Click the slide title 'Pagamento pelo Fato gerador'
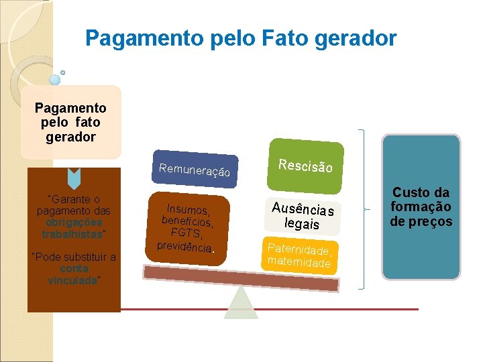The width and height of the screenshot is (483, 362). pyautogui.click(x=241, y=38)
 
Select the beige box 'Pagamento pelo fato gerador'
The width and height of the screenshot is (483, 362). pyautogui.click(x=70, y=122)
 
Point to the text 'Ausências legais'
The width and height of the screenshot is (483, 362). pyautogui.click(x=303, y=215)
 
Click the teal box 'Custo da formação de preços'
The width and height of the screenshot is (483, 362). pyautogui.click(x=421, y=207)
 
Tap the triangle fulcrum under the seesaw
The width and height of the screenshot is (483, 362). pyautogui.click(x=241, y=305)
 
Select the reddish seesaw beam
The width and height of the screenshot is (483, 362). pyautogui.click(x=241, y=278)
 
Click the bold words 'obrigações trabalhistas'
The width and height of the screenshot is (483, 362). pyautogui.click(x=72, y=229)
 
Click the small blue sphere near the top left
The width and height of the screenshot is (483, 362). pyautogui.click(x=55, y=79)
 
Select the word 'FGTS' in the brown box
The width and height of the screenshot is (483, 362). pyautogui.click(x=186, y=233)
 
